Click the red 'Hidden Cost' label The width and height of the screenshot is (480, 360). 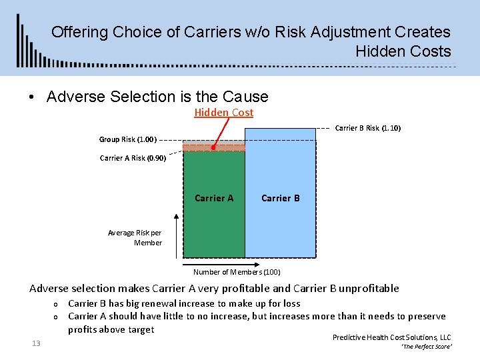pos(223,113)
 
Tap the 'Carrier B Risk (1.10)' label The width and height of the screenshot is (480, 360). pos(367,128)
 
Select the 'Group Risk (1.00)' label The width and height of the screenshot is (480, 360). pos(127,140)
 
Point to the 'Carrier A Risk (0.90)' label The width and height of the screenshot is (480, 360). pos(133,158)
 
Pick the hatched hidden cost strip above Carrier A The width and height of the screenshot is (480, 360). pos(214,147)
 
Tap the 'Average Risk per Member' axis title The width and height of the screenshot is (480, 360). pos(135,238)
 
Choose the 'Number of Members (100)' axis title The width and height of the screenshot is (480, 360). pos(237,272)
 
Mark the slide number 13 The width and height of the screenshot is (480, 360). pos(36,343)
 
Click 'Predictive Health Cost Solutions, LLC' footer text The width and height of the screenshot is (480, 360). pos(391,337)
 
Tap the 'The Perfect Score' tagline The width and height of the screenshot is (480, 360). pos(427,347)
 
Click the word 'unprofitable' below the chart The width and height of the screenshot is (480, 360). pos(369,289)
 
